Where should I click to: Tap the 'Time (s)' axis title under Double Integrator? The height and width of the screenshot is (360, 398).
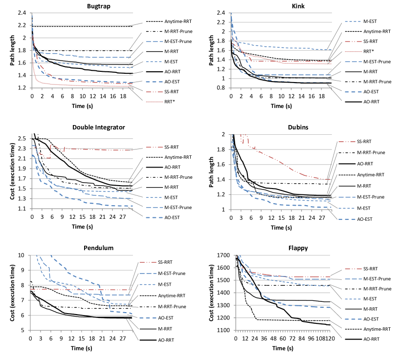(x=82, y=226)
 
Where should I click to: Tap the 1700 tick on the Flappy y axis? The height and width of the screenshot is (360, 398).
(x=220, y=255)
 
